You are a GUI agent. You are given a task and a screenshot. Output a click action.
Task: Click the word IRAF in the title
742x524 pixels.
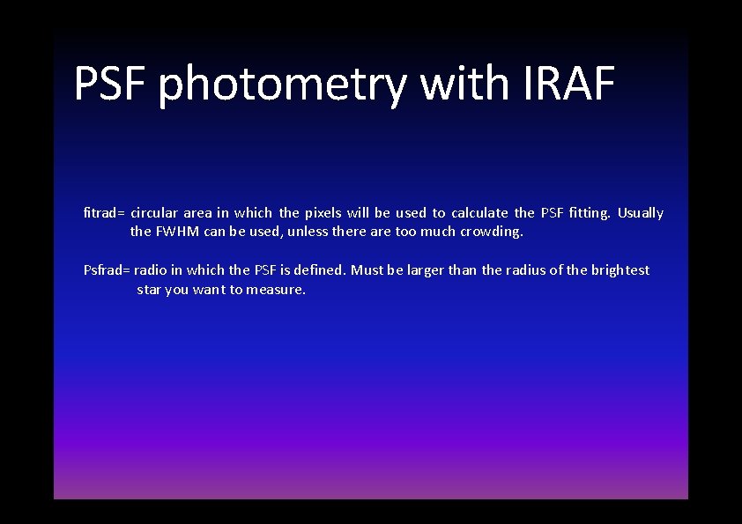pos(568,84)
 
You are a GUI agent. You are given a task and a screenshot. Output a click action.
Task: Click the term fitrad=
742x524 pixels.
pos(105,213)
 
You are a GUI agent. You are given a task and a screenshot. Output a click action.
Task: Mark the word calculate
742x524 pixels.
pos(479,213)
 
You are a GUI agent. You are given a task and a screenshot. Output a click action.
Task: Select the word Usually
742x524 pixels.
pos(641,213)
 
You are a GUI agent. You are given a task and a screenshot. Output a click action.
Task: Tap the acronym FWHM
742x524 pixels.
pos(178,232)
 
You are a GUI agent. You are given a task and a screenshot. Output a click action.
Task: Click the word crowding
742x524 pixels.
pos(491,232)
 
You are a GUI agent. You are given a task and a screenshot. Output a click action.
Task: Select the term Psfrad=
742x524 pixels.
pos(107,270)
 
